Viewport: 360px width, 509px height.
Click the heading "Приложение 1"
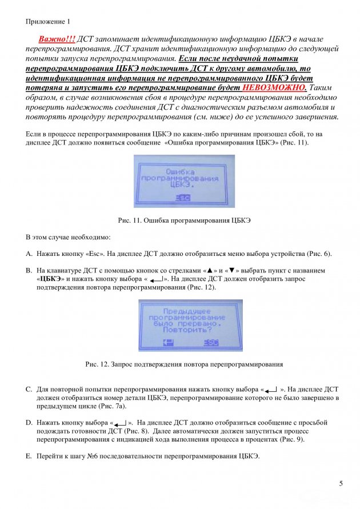[47, 21]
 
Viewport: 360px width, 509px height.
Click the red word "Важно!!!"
[57, 38]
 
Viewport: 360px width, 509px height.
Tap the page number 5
[341, 484]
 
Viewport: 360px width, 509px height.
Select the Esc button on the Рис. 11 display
[183, 198]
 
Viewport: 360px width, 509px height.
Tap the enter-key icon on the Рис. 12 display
[168, 342]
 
